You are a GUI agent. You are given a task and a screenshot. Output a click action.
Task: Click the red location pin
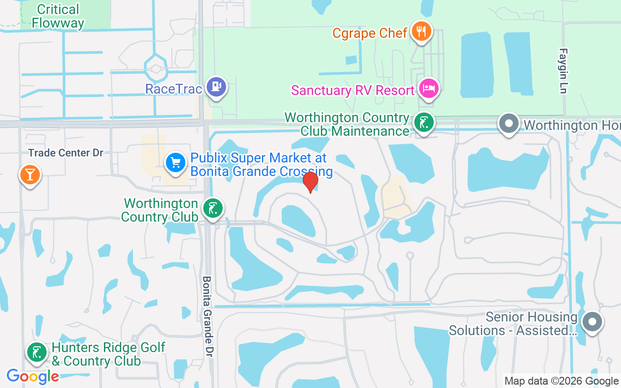pyautogui.click(x=310, y=182)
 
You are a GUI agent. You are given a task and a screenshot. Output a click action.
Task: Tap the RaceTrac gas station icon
pyautogui.click(x=216, y=87)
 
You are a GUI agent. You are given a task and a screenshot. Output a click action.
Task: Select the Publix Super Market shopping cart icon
pyautogui.click(x=176, y=162)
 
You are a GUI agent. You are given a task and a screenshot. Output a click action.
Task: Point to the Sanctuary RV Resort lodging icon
pyautogui.click(x=429, y=89)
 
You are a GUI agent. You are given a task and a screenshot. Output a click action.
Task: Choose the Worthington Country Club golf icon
pyautogui.click(x=212, y=209)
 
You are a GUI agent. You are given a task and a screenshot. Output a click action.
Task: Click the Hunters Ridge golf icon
pyautogui.click(x=36, y=353)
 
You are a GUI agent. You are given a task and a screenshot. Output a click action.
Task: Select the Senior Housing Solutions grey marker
pyautogui.click(x=592, y=322)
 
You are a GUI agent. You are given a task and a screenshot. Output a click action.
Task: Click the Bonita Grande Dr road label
pyautogui.click(x=207, y=318)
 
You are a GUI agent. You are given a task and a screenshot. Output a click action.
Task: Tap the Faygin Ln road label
pyautogui.click(x=563, y=70)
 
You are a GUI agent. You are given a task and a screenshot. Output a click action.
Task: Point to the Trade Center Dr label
pyautogui.click(x=65, y=153)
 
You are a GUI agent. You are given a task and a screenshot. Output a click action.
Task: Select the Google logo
pyautogui.click(x=33, y=376)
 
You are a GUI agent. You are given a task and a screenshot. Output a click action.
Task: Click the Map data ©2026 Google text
pyautogui.click(x=561, y=381)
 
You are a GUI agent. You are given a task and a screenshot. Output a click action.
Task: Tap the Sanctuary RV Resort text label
pyautogui.click(x=353, y=90)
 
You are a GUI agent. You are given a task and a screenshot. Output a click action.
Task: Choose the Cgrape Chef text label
pyautogui.click(x=369, y=33)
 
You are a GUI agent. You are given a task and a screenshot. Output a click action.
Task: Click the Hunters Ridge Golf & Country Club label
pyautogui.click(x=108, y=354)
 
